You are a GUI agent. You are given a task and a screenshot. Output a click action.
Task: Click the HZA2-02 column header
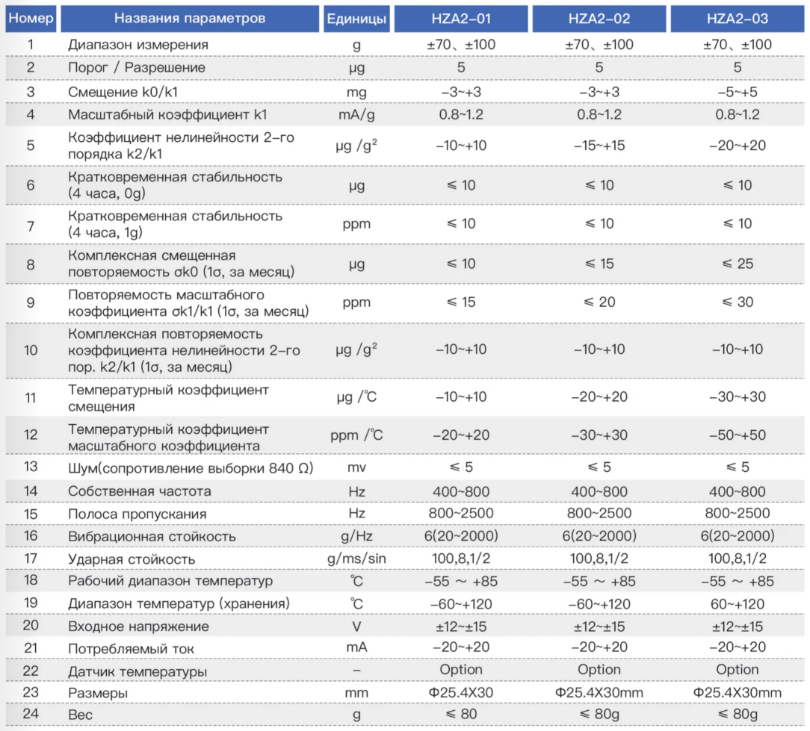pos(599,19)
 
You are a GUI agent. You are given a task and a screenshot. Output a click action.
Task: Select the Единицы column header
pos(356,19)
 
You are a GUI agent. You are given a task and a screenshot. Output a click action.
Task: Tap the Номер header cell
pos(31,19)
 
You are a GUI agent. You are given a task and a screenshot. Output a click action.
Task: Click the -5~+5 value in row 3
pos(738,92)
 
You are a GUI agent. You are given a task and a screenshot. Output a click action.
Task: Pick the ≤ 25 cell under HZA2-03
pos(738,264)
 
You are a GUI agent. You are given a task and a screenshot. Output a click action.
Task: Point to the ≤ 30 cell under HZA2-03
pos(738,302)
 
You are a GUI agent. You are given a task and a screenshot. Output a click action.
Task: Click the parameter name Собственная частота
pos(140,491)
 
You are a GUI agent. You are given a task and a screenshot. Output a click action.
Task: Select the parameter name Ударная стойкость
pos(132,559)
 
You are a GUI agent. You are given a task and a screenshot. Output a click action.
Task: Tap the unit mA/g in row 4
pos(356,114)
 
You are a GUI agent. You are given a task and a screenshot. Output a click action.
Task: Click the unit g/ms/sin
pos(356,559)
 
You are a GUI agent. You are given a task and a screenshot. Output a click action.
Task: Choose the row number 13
pos(31,467)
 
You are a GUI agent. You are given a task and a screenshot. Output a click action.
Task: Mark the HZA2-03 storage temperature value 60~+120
pos(738,604)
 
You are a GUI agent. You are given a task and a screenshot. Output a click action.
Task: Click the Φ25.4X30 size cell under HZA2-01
pos(461,693)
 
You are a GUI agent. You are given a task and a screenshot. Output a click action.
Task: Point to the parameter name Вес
pos(80,715)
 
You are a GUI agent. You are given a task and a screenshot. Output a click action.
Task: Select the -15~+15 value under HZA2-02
pos(599,146)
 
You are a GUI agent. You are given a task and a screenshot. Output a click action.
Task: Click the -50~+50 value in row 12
pos(738,435)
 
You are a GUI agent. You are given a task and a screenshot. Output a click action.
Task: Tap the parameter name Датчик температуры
pos(137,671)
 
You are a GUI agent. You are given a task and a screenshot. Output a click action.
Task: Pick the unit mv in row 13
pos(356,467)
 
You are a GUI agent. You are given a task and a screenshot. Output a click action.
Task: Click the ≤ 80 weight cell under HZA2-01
pos(461,714)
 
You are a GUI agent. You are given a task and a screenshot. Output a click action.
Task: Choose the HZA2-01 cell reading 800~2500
pos(461,513)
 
